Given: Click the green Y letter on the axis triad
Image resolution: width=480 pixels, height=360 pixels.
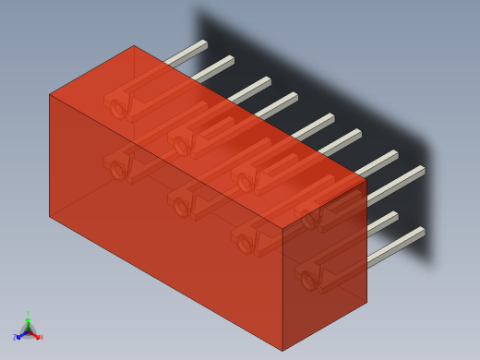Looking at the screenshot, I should coord(28,315).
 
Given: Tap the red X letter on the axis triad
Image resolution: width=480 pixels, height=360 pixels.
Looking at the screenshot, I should coord(40,337).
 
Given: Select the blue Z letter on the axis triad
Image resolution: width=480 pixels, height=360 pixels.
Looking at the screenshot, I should coord(15,338).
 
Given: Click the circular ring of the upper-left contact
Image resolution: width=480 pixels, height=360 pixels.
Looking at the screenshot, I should coord(118,109).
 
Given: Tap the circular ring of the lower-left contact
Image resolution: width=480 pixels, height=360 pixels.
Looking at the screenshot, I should coord(117,171).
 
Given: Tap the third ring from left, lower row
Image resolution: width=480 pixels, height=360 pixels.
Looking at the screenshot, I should coord(245,243).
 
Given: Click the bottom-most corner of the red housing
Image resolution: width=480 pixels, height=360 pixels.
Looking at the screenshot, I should coord(282,351).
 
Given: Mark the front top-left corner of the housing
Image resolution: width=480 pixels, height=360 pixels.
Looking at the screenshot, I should coord(50,94).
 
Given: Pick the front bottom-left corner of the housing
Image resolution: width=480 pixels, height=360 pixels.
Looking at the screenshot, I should coord(50,216).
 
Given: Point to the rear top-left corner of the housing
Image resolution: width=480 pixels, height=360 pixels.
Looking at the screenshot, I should coord(135,45).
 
